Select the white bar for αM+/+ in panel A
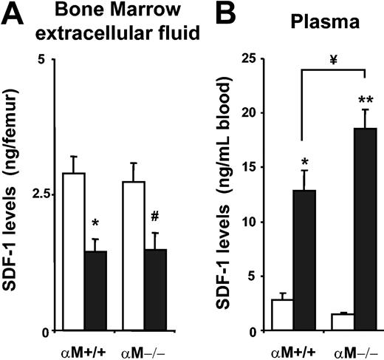73,251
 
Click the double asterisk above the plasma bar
366,98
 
